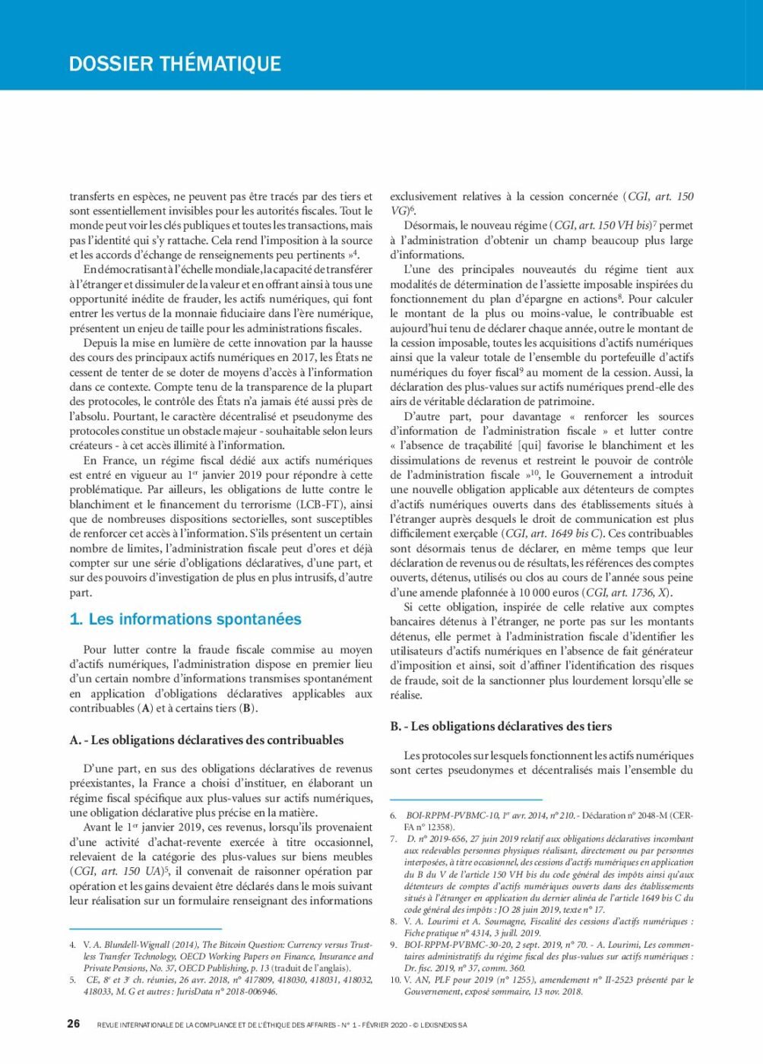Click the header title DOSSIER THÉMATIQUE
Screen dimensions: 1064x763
(175, 64)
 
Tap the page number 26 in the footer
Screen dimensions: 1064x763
(73, 1024)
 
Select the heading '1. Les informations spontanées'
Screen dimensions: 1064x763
(185, 619)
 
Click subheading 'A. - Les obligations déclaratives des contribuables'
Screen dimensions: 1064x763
(207, 740)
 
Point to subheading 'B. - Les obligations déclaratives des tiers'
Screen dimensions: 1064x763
(501, 727)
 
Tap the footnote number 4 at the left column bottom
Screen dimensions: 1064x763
(73, 945)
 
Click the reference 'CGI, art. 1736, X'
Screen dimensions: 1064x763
(628, 593)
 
